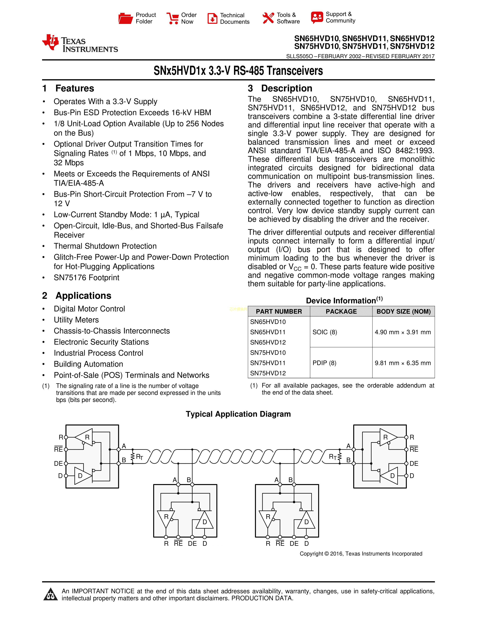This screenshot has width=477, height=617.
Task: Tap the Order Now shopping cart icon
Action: [172, 18]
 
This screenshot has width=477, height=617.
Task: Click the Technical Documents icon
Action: [212, 18]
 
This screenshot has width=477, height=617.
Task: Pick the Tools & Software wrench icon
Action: [268, 18]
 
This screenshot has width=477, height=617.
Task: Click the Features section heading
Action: [75, 88]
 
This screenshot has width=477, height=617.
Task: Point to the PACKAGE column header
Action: [341, 311]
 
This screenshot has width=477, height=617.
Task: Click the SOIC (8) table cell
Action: [325, 332]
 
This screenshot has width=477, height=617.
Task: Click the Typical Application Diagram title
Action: [238, 414]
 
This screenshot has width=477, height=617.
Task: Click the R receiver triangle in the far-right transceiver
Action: [387, 437]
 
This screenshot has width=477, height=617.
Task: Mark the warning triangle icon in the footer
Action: [51, 594]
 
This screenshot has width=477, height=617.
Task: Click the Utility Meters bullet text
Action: [76, 320]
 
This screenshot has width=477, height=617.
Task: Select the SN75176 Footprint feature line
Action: [86, 277]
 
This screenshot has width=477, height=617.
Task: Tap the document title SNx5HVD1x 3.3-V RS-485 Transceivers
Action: [238, 71]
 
